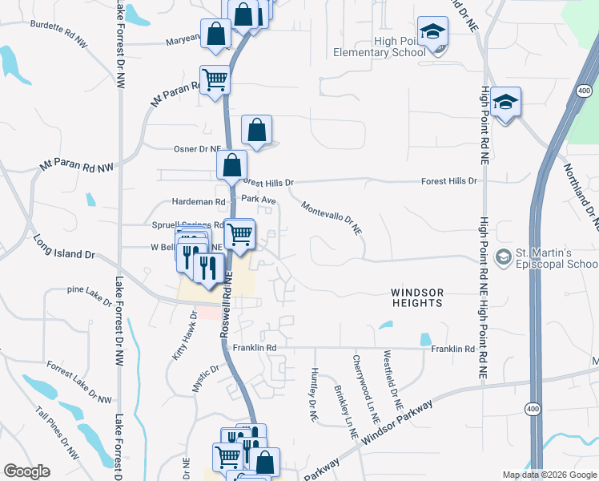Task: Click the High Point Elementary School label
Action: tap(379, 47)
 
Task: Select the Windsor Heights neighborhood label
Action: tap(417, 297)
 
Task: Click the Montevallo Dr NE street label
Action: tap(332, 218)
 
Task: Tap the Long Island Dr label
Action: tap(64, 246)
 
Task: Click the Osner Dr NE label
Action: tap(197, 148)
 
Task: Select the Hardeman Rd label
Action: tap(199, 202)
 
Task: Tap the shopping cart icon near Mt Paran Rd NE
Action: tap(214, 80)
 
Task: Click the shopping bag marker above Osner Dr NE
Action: tap(256, 130)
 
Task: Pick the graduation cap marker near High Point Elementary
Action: tap(432, 32)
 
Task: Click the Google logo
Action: tap(26, 471)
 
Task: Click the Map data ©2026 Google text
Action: tap(549, 475)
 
